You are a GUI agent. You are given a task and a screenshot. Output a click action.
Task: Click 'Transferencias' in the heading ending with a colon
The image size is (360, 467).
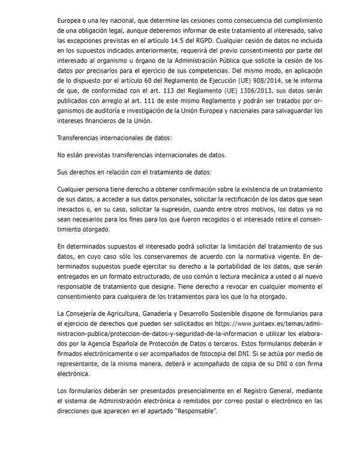point(82,138)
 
